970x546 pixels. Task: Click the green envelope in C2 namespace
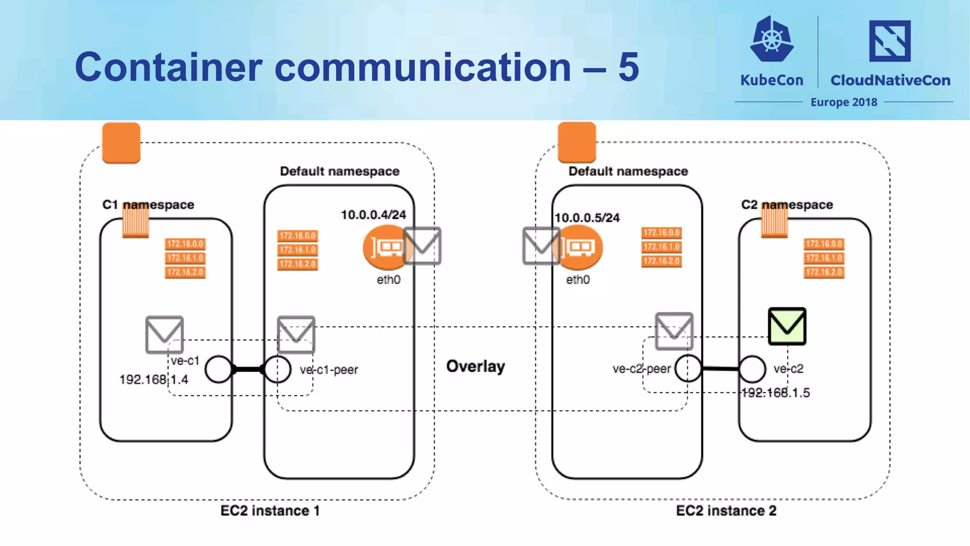pyautogui.click(x=787, y=326)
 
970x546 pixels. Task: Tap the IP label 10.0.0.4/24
pyautogui.click(x=373, y=215)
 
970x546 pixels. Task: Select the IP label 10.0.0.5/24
pyautogui.click(x=587, y=218)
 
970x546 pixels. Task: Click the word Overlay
pyautogui.click(x=476, y=366)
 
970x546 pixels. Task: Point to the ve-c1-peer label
pyautogui.click(x=329, y=370)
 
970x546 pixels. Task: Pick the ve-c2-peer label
pyautogui.click(x=641, y=369)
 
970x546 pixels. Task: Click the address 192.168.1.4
pyautogui.click(x=153, y=380)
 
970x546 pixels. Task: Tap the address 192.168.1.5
pyautogui.click(x=776, y=393)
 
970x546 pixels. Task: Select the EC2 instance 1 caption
pyautogui.click(x=270, y=511)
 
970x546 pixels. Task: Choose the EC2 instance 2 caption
pyautogui.click(x=726, y=511)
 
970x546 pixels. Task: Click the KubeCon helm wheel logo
pyautogui.click(x=772, y=40)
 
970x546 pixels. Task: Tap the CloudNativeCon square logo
pyautogui.click(x=889, y=41)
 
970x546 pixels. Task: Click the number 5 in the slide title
pyautogui.click(x=629, y=67)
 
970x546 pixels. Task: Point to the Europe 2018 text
pyautogui.click(x=844, y=102)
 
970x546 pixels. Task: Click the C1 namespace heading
pyautogui.click(x=148, y=205)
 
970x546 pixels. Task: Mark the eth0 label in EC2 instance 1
pyautogui.click(x=388, y=280)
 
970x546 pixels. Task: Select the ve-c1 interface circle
pyautogui.click(x=218, y=369)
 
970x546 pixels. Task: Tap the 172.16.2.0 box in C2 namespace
pyautogui.click(x=824, y=272)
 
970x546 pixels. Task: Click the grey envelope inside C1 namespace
pyautogui.click(x=164, y=334)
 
